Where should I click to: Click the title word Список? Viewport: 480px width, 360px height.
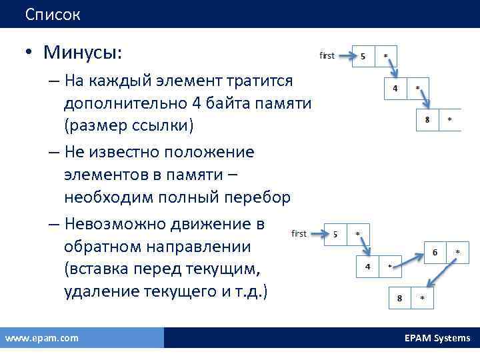pyautogui.click(x=53, y=14)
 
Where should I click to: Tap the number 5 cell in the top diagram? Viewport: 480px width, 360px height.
pyautogui.click(x=363, y=56)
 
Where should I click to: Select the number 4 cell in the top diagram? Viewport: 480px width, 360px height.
pyautogui.click(x=395, y=89)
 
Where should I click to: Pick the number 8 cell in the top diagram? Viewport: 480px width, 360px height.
pyautogui.click(x=427, y=119)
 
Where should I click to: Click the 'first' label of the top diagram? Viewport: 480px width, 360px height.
pyautogui.click(x=327, y=56)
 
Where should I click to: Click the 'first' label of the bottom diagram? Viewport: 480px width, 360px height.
pyautogui.click(x=299, y=233)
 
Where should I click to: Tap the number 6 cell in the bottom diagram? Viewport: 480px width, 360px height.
pyautogui.click(x=435, y=252)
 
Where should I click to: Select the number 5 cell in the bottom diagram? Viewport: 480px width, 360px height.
pyautogui.click(x=335, y=234)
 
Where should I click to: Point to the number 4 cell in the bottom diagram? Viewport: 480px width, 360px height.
pyautogui.click(x=367, y=265)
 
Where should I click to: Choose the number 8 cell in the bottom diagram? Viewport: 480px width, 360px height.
pyautogui.click(x=399, y=298)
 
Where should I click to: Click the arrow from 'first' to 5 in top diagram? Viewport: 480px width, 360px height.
pyautogui.click(x=345, y=57)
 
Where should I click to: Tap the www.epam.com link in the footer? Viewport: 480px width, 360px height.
pyautogui.click(x=41, y=338)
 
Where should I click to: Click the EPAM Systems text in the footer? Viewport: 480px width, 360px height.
pyautogui.click(x=437, y=338)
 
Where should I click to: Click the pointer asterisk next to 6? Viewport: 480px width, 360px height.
pyautogui.click(x=457, y=252)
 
